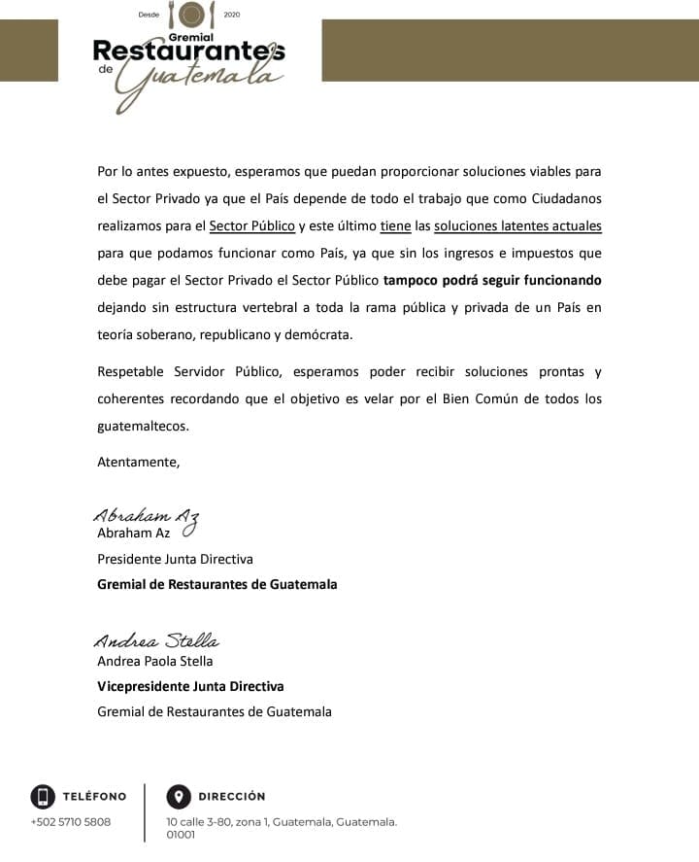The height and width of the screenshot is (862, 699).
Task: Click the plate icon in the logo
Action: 192,15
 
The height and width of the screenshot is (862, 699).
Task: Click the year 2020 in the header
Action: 231,15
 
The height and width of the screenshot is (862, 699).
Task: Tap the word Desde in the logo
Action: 149,15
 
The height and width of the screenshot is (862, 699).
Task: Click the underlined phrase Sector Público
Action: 252,226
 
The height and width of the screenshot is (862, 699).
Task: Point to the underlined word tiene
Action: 395,226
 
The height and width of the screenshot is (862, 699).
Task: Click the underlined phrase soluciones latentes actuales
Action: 517,226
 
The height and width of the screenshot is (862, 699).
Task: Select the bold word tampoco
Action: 412,281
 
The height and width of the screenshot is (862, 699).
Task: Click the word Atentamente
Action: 138,462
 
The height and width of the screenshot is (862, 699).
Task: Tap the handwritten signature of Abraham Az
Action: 146,516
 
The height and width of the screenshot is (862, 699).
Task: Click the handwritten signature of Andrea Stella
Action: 156,641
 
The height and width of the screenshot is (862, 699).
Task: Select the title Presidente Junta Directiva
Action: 175,559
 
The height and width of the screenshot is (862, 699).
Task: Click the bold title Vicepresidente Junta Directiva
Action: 190,686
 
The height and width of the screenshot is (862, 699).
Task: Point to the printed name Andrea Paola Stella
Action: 154,661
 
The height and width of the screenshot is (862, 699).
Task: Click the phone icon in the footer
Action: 42,797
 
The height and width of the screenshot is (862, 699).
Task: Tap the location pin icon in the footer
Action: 178,797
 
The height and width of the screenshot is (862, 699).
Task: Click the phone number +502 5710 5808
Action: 71,822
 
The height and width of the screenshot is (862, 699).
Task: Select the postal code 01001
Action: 182,834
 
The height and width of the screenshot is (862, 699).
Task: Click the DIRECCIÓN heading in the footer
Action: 232,797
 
